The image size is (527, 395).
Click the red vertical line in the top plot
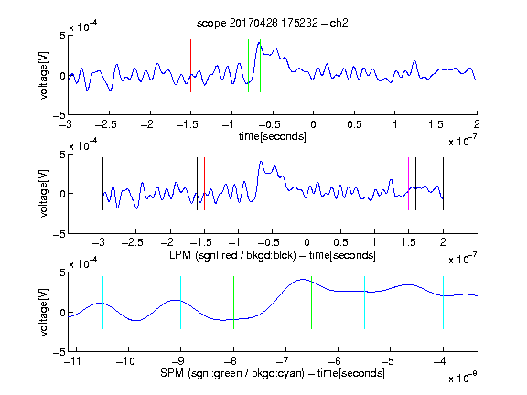(190, 66)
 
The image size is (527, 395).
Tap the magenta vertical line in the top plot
(436, 66)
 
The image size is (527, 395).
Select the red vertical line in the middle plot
(204, 184)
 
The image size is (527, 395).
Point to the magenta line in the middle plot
(408, 184)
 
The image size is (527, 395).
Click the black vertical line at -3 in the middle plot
(102, 184)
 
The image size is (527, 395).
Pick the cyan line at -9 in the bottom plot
(181, 303)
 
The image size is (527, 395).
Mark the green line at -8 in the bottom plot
(233, 303)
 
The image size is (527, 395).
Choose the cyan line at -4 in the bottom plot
(443, 303)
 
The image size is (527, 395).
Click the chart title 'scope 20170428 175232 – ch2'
(273, 23)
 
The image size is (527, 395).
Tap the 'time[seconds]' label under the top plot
(273, 136)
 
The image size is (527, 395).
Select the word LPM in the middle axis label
(181, 255)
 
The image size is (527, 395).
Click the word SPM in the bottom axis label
(172, 373)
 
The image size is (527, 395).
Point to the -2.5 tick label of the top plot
(106, 124)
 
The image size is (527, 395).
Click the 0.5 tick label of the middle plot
(340, 242)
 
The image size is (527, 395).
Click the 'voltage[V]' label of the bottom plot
(44, 312)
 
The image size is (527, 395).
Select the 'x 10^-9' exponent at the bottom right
(462, 378)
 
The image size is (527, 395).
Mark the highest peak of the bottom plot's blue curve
(303, 279)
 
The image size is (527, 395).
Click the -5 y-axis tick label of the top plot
(59, 115)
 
